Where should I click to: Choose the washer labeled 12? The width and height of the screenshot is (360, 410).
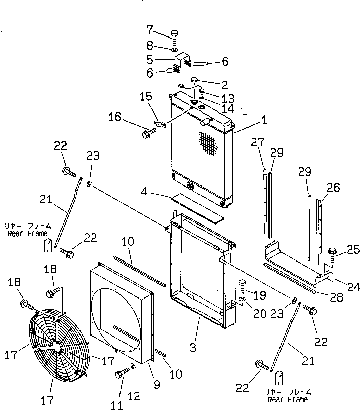click(x=133, y=367)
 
